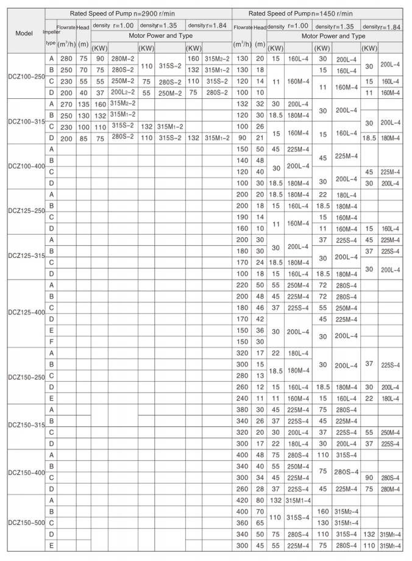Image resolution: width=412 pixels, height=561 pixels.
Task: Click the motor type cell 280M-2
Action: [123, 59]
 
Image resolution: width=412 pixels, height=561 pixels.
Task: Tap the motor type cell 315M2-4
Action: [346, 511]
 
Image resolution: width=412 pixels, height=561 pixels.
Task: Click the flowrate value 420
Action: [243, 500]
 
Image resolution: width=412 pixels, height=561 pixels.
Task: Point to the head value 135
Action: [83, 104]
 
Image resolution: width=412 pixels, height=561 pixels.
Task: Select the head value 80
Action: [260, 500]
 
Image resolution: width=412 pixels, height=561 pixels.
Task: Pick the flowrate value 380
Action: [243, 409]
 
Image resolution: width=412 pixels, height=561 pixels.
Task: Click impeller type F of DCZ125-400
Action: [52, 341]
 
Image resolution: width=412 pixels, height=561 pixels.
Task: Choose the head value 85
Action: [83, 138]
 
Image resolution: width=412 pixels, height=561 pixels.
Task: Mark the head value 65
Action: [260, 523]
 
